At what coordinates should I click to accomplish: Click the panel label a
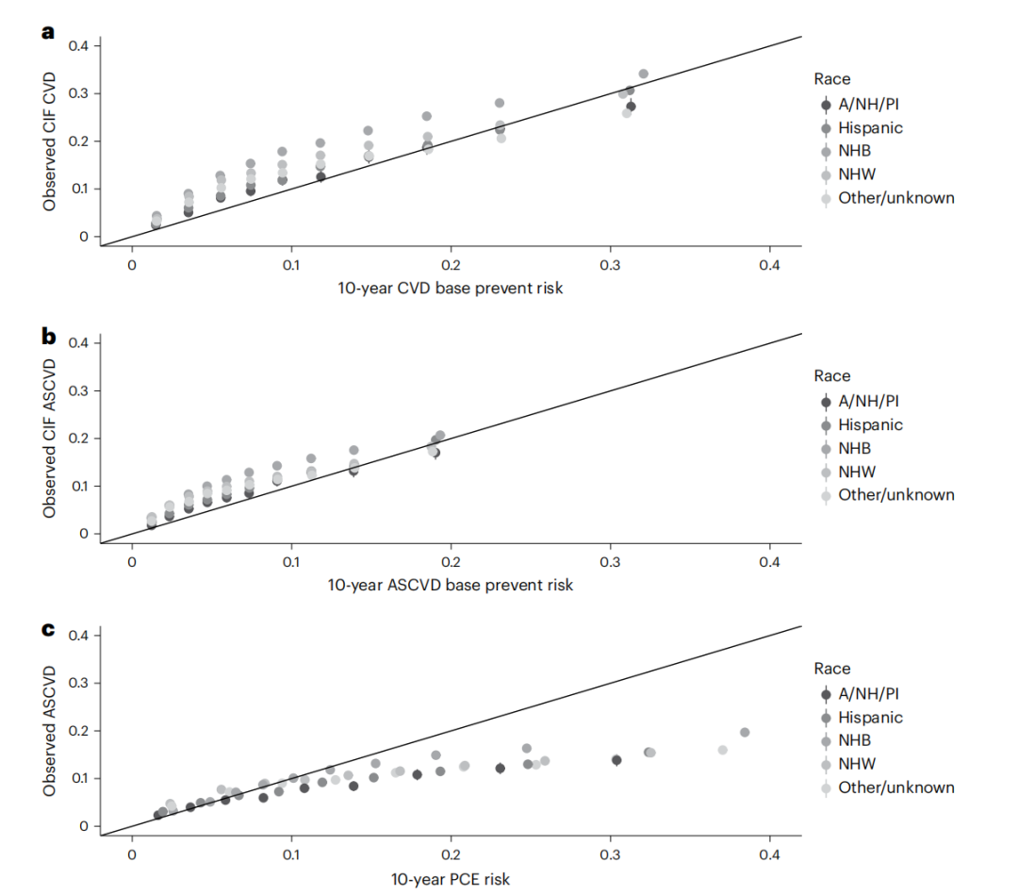click(x=48, y=33)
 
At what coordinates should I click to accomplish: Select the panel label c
click(x=48, y=628)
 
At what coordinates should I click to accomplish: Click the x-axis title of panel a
click(x=451, y=288)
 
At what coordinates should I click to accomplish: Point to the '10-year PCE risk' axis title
click(x=451, y=879)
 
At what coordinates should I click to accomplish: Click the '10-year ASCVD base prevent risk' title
click(x=451, y=585)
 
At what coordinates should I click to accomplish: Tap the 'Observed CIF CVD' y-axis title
click(x=49, y=141)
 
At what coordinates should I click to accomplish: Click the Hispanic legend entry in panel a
click(x=870, y=127)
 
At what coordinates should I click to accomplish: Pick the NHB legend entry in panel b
click(x=854, y=448)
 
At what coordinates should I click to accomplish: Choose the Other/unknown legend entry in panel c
click(x=895, y=787)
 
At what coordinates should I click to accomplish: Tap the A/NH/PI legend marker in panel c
click(x=826, y=694)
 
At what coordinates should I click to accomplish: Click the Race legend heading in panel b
click(x=832, y=375)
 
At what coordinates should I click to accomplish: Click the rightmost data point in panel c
click(x=745, y=732)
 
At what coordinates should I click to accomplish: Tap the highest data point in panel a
click(x=644, y=74)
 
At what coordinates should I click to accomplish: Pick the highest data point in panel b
click(x=440, y=436)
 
